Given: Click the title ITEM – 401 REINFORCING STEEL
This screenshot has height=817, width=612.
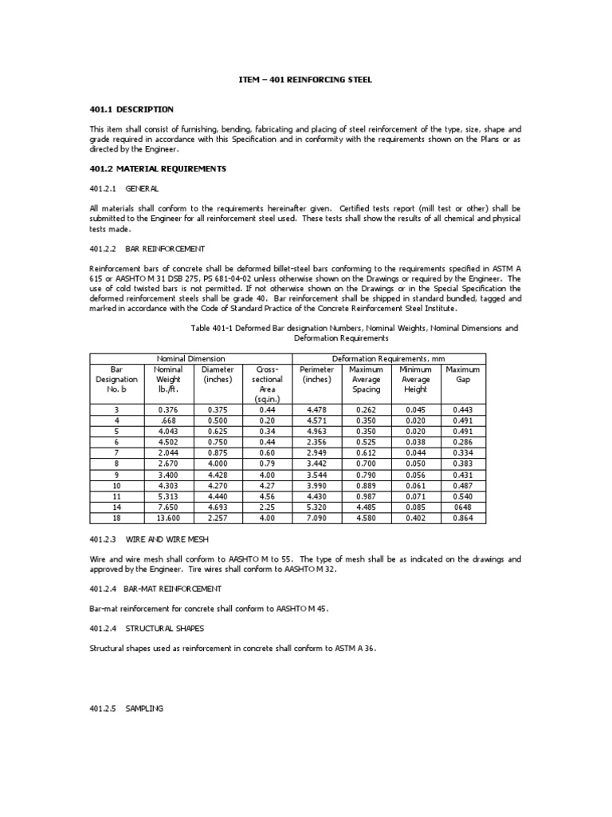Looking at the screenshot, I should (x=306, y=80).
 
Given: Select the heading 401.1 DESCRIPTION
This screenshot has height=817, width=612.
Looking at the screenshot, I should (x=131, y=109).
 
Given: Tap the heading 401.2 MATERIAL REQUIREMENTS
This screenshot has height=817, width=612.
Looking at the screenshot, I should (x=158, y=169).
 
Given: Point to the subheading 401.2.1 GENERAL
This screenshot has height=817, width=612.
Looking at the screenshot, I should (x=124, y=188).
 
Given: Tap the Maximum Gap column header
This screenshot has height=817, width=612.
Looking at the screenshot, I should (x=463, y=374).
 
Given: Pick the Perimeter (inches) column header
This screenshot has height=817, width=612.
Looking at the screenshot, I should (x=316, y=374).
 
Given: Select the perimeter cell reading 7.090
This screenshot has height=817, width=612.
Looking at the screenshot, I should (x=316, y=518).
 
